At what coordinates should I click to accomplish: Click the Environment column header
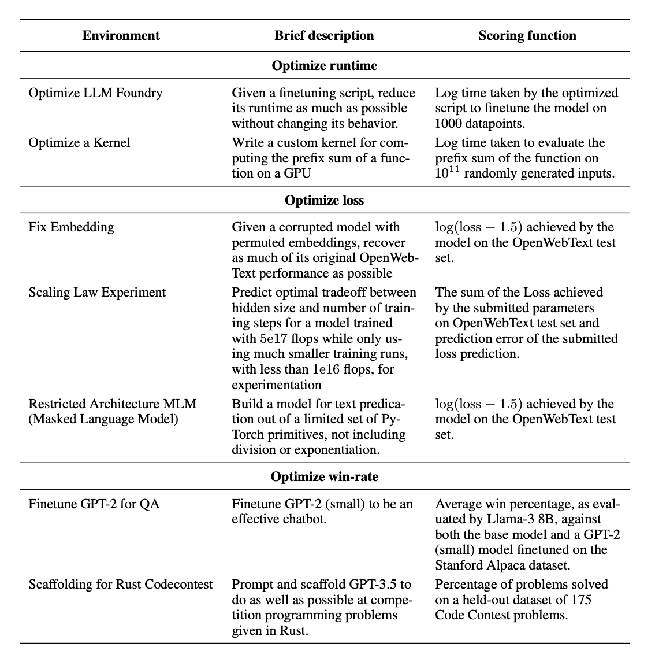coord(121,35)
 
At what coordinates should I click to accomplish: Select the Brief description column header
coord(324,35)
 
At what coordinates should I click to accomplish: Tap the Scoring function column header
coord(527,35)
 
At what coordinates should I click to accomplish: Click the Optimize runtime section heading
coord(324,65)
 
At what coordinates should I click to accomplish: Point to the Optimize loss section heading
coord(324,200)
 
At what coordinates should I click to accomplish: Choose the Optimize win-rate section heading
coord(324,476)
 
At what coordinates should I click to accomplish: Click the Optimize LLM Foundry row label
coord(95,93)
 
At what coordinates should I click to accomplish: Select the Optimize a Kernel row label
coord(79,142)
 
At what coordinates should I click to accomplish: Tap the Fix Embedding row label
coord(71,227)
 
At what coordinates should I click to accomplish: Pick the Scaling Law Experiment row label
coord(97,292)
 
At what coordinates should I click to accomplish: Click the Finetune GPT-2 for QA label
coord(94,504)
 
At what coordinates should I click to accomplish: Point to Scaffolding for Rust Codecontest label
coord(121,584)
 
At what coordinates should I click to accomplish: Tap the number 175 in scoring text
coord(580,600)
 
